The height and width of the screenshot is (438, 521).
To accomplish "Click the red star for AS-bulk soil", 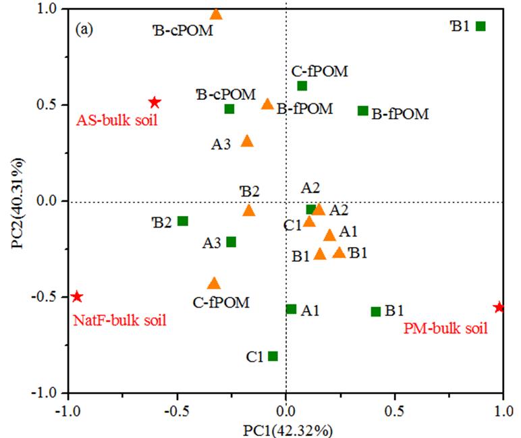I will click(x=155, y=103).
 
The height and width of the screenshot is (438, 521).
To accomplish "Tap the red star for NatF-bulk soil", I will click(x=77, y=296).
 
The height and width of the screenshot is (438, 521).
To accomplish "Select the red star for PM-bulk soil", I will click(x=499, y=307).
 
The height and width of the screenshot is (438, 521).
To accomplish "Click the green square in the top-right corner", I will click(x=481, y=26).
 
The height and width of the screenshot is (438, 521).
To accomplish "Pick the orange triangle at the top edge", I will click(x=216, y=14).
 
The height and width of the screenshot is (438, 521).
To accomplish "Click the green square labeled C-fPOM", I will click(x=302, y=86).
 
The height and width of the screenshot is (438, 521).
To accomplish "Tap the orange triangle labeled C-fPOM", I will click(x=214, y=283).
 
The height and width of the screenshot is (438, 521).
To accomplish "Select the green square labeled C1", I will click(x=273, y=356).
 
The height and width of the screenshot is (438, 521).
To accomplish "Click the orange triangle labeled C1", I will click(x=309, y=221).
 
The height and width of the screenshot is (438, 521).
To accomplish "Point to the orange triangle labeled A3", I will click(x=247, y=141).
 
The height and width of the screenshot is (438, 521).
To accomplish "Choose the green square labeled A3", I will click(x=231, y=242).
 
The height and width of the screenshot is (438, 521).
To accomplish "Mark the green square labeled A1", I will click(x=292, y=309).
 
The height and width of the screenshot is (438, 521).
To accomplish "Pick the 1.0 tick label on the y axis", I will click(x=49, y=9).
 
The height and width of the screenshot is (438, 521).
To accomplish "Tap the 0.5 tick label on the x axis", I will click(x=395, y=409).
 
